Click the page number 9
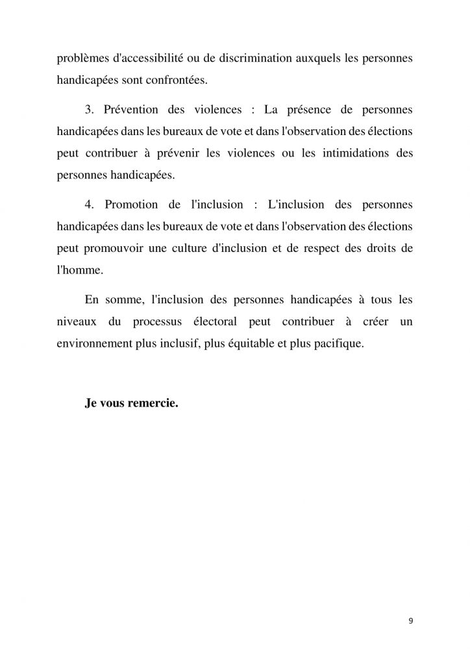pos(410,620)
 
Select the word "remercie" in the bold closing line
pos(152,402)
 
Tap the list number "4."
pos(90,205)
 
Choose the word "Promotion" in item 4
pos(130,205)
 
